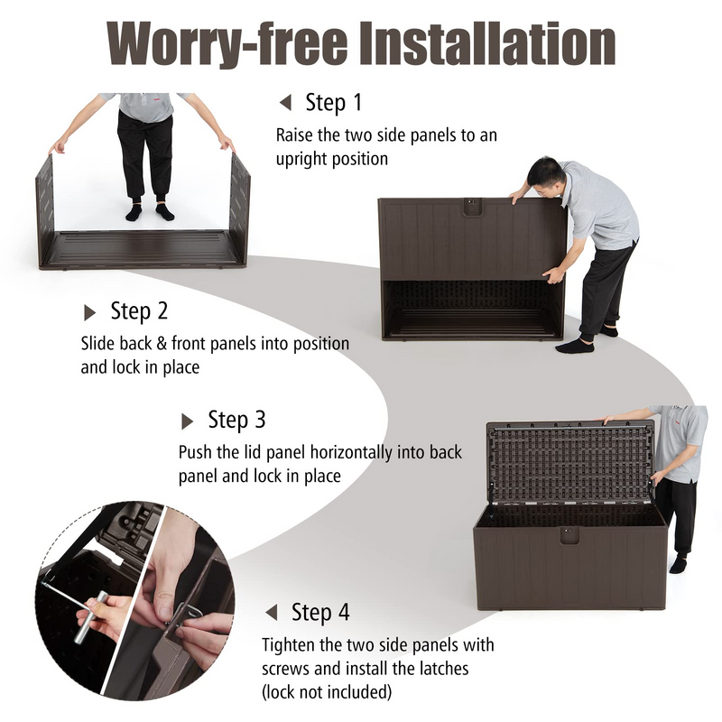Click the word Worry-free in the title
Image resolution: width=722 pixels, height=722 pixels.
(227, 43)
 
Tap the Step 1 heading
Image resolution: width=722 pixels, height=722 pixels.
(334, 102)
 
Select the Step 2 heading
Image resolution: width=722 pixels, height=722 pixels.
(139, 310)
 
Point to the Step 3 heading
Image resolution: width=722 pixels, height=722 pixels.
(236, 420)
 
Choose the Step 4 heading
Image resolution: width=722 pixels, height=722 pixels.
(320, 612)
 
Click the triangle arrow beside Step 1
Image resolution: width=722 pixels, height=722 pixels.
(285, 102)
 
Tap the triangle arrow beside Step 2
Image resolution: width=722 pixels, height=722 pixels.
(89, 312)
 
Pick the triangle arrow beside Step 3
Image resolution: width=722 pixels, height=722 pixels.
(187, 421)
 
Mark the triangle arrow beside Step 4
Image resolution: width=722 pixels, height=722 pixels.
(272, 613)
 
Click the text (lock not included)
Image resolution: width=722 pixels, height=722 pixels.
(327, 691)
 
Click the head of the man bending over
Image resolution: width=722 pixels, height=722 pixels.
(545, 176)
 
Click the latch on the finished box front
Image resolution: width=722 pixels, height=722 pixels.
(569, 535)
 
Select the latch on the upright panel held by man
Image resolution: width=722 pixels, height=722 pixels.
(471, 207)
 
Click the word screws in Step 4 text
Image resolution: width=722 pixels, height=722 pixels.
(285, 669)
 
